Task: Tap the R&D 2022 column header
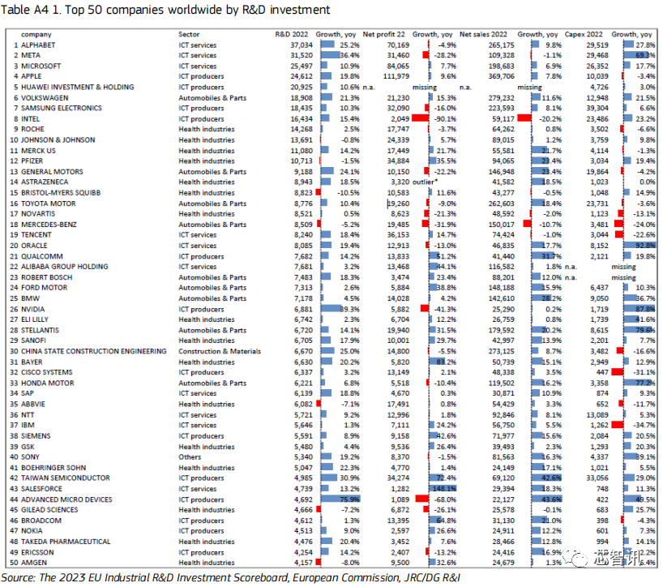tap(293, 34)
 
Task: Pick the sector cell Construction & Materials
tap(220, 351)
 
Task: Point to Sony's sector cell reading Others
tap(190, 456)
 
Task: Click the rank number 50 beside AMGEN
tap(13, 563)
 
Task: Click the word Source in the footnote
tap(23, 576)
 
